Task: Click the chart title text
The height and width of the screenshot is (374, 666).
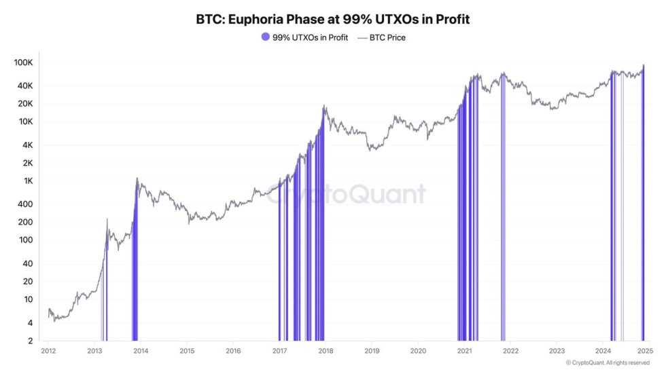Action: point(332,19)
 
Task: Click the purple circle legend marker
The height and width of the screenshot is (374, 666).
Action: point(265,37)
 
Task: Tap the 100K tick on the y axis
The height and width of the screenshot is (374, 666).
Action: point(23,62)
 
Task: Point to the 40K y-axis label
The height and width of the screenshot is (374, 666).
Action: point(25,86)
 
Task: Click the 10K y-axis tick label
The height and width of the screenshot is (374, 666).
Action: point(25,121)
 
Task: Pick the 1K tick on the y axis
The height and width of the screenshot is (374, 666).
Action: point(27,181)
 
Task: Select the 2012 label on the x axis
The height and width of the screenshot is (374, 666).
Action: point(48,351)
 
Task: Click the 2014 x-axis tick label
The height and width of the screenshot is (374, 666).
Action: point(141,351)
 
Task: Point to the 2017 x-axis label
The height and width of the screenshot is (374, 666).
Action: point(279,351)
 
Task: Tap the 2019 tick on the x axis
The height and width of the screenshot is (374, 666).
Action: point(372,351)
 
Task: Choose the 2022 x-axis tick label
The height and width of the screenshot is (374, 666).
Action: point(510,351)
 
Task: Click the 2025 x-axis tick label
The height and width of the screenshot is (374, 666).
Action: point(645,351)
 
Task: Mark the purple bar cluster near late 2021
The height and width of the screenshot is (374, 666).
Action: point(503,210)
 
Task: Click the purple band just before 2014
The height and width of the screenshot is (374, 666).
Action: point(135,272)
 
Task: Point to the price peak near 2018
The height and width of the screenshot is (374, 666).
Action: point(325,107)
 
